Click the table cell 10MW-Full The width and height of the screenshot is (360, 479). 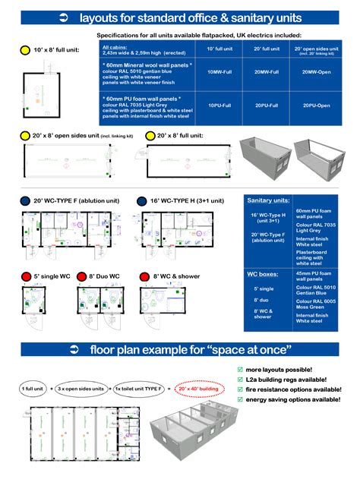tap(219, 71)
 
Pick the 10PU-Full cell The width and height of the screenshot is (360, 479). tap(219, 106)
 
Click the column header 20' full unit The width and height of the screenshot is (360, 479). tap(267, 49)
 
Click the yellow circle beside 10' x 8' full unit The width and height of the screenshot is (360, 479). tap(24, 50)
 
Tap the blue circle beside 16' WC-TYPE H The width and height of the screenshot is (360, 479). tap(142, 201)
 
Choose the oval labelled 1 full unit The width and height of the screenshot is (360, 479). tap(33, 389)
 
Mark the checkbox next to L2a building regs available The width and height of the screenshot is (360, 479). tap(241, 380)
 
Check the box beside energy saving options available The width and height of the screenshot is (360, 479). tap(241, 399)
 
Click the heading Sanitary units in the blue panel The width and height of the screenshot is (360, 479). tap(268, 200)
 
